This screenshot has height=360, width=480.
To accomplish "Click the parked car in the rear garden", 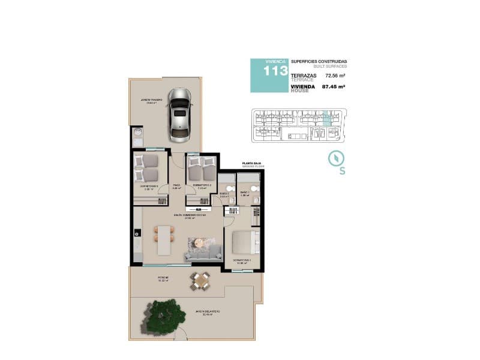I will pyautogui.click(x=179, y=112).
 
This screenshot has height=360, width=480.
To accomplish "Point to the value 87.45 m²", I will pyautogui.click(x=334, y=86).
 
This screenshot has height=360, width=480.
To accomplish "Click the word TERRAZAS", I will pyautogui.click(x=303, y=76).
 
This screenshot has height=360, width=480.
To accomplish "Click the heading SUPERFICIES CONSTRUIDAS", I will pyautogui.click(x=319, y=62).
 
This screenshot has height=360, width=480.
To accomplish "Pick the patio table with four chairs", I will pyautogui.click(x=200, y=280).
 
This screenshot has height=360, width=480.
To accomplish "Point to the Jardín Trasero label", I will pyautogui.click(x=151, y=100).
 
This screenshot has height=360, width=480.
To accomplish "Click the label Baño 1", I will pyautogui.click(x=245, y=193).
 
